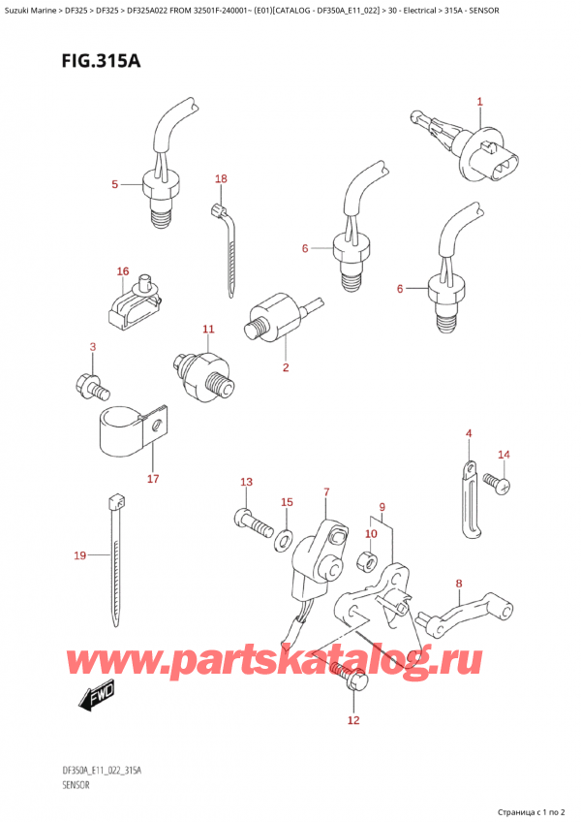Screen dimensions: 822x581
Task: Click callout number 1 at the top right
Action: [478, 101]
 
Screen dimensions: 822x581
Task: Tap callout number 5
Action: [114, 184]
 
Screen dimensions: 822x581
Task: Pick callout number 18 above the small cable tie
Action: [221, 179]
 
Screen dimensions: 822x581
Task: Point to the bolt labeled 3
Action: [91, 384]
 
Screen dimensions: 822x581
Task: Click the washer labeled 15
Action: [288, 536]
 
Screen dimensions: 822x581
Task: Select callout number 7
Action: [326, 492]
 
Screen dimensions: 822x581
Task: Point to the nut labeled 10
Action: [369, 559]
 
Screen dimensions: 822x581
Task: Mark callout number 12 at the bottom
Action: [352, 720]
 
